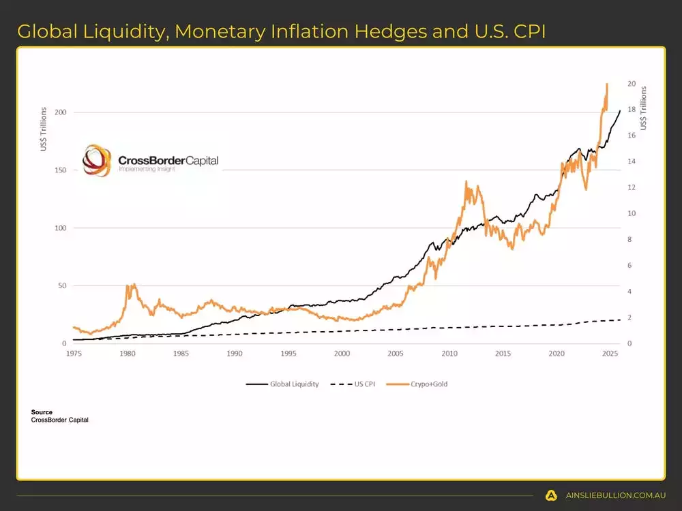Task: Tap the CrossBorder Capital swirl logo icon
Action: [x=95, y=161]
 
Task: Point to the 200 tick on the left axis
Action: [x=60, y=112]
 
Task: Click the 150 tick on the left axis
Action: [x=60, y=170]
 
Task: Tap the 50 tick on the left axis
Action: [x=61, y=285]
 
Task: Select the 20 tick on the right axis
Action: [x=632, y=84]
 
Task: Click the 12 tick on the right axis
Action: [x=632, y=187]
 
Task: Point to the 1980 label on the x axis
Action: [x=127, y=354]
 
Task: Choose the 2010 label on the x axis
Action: [x=449, y=354]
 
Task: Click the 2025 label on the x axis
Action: [x=610, y=354]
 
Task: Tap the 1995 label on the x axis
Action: [x=288, y=354]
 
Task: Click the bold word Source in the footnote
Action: [x=42, y=412]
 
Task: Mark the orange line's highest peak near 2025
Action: [x=606, y=84]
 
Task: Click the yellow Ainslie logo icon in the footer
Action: [x=551, y=495]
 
